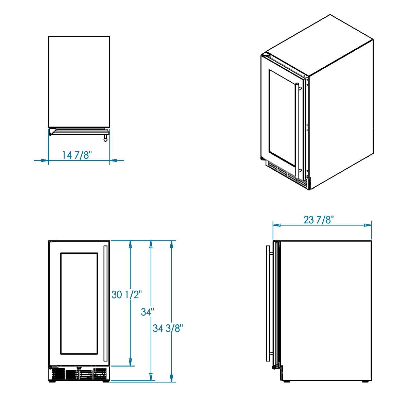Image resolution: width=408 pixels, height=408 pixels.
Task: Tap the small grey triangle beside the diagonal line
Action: pos(268,68)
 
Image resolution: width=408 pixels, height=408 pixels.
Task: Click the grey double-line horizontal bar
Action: pos(80,130)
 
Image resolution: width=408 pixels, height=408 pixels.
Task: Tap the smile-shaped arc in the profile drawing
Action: pos(79,369)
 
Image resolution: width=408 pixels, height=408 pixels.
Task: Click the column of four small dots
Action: pos(307,127)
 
